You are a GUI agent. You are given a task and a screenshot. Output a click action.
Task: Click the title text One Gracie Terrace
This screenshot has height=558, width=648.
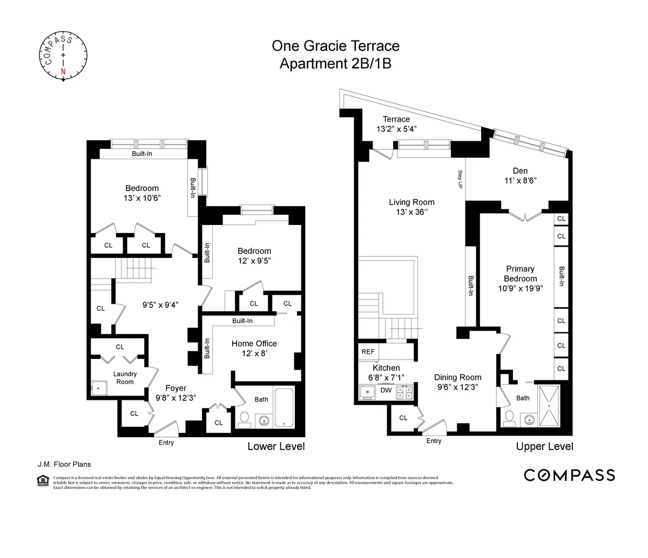[x=335, y=46]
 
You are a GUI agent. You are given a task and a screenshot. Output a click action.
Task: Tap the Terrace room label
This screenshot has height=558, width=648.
[x=396, y=119]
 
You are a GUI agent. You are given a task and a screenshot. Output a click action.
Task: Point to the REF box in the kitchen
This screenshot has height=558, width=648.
[x=368, y=352]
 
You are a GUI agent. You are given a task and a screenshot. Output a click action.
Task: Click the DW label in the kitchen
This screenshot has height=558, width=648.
[x=386, y=390]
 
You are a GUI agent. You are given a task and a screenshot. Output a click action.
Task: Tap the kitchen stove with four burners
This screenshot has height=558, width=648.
[x=404, y=392]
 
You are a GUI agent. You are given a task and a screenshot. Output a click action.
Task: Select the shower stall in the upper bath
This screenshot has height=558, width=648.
[x=549, y=405]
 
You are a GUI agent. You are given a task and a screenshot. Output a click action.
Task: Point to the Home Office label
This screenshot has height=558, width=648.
[x=254, y=344]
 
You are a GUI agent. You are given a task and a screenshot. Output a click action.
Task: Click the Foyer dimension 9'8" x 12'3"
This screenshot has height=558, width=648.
[x=175, y=397]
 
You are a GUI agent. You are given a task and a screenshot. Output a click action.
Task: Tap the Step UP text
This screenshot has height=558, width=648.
[x=460, y=179]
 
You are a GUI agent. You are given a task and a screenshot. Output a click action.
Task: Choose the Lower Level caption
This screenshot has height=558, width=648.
[x=276, y=446]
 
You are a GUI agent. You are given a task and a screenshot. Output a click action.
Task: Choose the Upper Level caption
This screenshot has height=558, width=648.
[x=544, y=446]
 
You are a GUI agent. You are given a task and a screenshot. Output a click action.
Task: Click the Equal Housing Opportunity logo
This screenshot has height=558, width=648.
[x=41, y=480]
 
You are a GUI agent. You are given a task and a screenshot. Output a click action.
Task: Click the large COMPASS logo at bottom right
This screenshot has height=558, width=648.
[x=570, y=475]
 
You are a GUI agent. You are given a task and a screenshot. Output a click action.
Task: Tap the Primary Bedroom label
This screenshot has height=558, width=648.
[x=520, y=274]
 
